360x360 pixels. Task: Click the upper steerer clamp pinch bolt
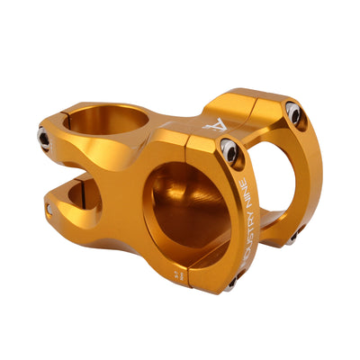point(43,137)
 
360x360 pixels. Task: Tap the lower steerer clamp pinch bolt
point(49,209)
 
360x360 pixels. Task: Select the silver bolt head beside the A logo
point(231,153)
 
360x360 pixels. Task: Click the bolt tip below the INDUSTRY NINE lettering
point(231,283)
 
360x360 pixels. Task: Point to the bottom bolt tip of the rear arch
point(292,238)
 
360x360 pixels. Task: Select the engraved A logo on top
point(211,125)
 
